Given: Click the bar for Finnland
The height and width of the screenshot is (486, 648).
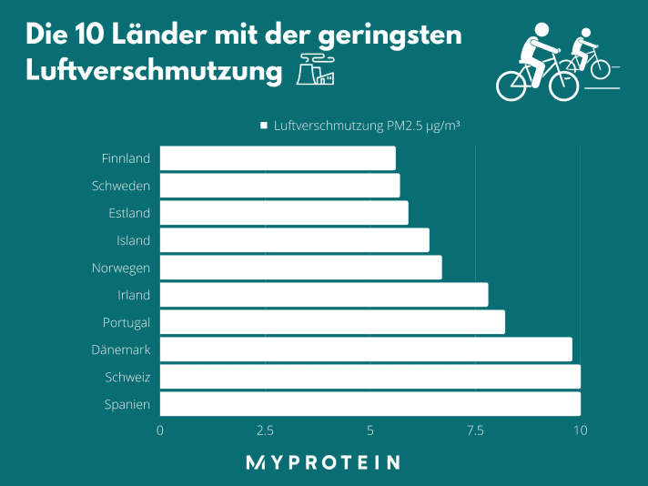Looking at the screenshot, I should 278,158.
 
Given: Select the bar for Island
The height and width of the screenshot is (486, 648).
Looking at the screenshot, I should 294,240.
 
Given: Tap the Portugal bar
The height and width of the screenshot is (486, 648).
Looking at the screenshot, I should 332,322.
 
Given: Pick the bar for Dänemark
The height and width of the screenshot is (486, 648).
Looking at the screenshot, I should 366,349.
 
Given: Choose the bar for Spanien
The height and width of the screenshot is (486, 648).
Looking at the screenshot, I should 370,404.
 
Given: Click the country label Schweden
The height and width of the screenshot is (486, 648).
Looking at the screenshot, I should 121,186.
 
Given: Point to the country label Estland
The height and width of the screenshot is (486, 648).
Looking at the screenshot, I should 128,213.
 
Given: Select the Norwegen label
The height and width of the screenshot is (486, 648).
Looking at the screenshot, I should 121,268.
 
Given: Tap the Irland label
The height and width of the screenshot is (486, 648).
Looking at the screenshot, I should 134,295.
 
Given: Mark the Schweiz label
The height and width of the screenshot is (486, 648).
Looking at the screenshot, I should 127,377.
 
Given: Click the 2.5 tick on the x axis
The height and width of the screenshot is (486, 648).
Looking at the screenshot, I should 265,430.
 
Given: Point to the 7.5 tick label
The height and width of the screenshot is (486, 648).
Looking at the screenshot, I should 475,430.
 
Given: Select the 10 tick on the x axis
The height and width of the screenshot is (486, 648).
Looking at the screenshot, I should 580,430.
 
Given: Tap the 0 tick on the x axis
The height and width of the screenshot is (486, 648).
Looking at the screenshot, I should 161,430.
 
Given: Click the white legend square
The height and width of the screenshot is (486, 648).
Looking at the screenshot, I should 264,126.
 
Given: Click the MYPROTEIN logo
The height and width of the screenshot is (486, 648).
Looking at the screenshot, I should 323,462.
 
